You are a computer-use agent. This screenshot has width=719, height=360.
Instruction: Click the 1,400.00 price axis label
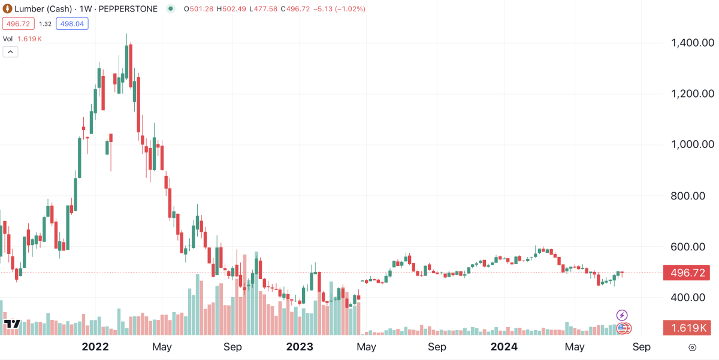pos(692,43)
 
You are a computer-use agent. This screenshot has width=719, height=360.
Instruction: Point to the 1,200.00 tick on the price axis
pos(692,94)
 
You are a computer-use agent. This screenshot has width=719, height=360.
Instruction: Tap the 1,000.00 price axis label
pos(692,145)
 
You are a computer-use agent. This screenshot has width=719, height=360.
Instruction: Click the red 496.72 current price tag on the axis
pos(687,273)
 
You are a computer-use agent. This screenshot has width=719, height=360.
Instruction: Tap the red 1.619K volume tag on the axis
pos(687,328)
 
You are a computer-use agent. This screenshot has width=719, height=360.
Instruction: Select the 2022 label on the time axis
pos(95,347)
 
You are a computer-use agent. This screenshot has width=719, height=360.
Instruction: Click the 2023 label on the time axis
pos(300,347)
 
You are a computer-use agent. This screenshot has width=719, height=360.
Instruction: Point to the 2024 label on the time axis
pos(504,347)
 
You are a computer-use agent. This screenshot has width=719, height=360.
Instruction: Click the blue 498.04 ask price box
pos(72,24)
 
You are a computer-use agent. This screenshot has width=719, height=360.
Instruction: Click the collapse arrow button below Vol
pos(11,52)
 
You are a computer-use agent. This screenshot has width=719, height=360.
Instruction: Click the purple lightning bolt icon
pos(622,315)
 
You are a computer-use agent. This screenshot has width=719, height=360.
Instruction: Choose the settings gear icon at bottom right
pos(693,347)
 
